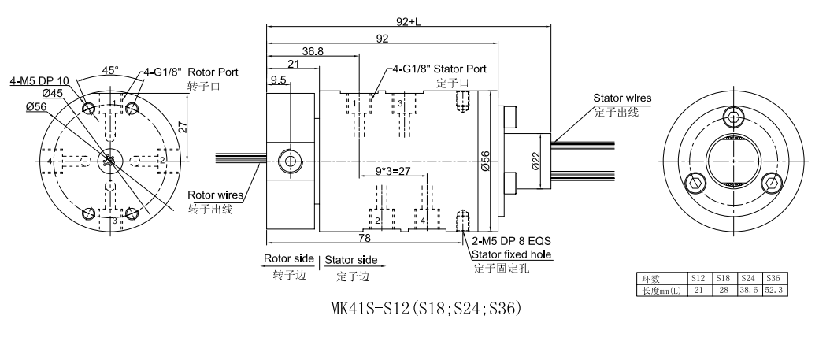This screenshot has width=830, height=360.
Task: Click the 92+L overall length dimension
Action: pyautogui.click(x=407, y=22)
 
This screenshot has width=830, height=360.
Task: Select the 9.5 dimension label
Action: pyautogui.click(x=278, y=80)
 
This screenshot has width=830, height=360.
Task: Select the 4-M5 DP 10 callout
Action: pyautogui.click(x=39, y=80)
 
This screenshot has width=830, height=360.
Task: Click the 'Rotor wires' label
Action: pyautogui.click(x=215, y=195)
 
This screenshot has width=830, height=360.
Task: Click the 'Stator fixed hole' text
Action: pyautogui.click(x=512, y=254)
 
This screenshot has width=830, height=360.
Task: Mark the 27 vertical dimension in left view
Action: pyautogui.click(x=181, y=126)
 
